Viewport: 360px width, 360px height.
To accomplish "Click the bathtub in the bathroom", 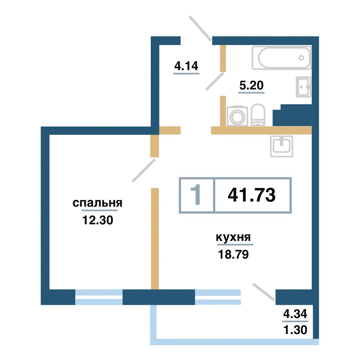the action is [282, 58].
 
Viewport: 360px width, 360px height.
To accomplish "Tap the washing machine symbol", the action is [237, 116].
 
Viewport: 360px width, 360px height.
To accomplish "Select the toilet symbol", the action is [258, 115].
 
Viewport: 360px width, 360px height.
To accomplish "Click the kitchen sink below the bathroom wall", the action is [282, 146].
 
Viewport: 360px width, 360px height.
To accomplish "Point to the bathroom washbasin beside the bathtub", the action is [303, 87].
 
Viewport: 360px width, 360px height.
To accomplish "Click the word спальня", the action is [98, 203].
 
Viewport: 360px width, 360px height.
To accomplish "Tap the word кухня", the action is [233, 237].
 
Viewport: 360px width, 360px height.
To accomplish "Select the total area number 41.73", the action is [252, 195].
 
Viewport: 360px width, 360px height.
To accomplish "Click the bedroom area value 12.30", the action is [98, 220].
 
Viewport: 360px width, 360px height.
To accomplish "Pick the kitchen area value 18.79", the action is [233, 255].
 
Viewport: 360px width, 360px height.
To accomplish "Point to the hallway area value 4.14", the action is [186, 66].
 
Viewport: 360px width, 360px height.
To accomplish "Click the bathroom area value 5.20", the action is [251, 85].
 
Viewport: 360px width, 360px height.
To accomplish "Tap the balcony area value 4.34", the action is [295, 314].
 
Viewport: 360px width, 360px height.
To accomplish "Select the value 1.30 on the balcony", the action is [295, 330].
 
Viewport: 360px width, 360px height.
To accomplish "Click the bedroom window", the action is [99, 297].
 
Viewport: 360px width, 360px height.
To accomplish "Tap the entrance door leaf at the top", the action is [200, 28].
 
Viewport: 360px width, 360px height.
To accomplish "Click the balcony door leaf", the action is [264, 292].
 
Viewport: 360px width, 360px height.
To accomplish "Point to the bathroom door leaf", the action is [215, 81].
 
